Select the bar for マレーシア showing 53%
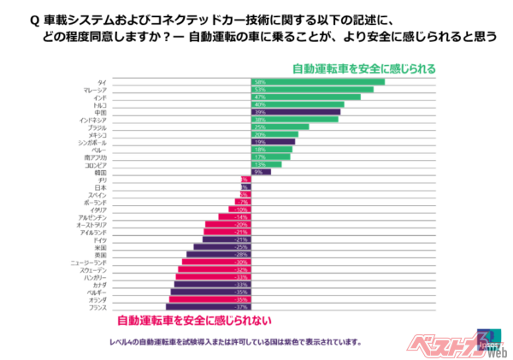312,90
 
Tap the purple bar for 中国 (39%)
296,112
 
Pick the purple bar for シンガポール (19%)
273,142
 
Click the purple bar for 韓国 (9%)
261,172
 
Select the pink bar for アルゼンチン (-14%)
233,217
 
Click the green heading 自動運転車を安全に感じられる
363,68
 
